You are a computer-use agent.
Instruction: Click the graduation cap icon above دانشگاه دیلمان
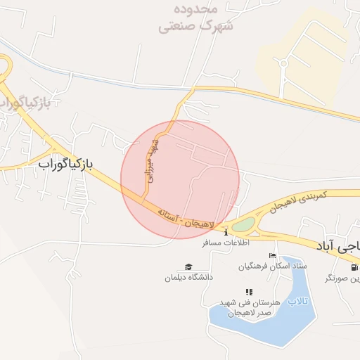pyautogui.click(x=188, y=266)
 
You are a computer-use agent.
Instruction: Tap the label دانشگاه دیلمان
pyautogui.click(x=188, y=278)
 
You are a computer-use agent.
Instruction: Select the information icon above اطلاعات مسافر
pyautogui.click(x=226, y=233)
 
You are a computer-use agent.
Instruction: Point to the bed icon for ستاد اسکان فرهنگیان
pyautogui.click(x=273, y=255)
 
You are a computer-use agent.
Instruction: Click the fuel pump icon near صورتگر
pyautogui.click(x=354, y=267)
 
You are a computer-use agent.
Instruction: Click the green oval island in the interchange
pyautogui.click(x=243, y=224)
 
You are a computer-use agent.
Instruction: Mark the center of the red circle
pyautogui.click(x=180, y=179)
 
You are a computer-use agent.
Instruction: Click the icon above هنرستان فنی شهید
pyautogui.click(x=248, y=292)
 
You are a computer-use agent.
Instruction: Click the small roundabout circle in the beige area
pyautogui.click(x=283, y=63)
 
